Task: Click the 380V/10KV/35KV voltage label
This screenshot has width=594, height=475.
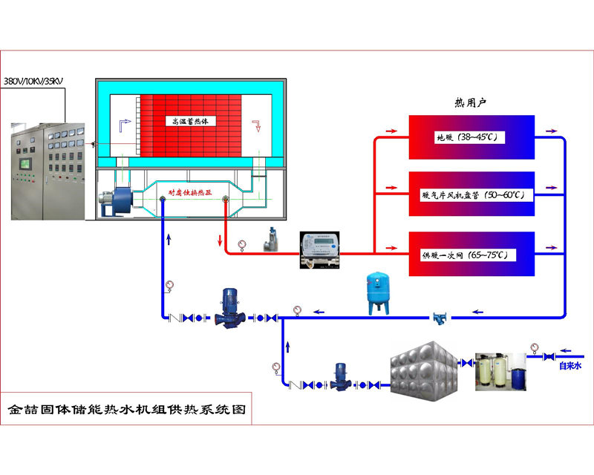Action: pyautogui.click(x=33, y=79)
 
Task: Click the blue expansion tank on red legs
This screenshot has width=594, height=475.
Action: pyautogui.click(x=378, y=291)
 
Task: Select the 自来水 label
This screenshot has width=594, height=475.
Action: pyautogui.click(x=569, y=365)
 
